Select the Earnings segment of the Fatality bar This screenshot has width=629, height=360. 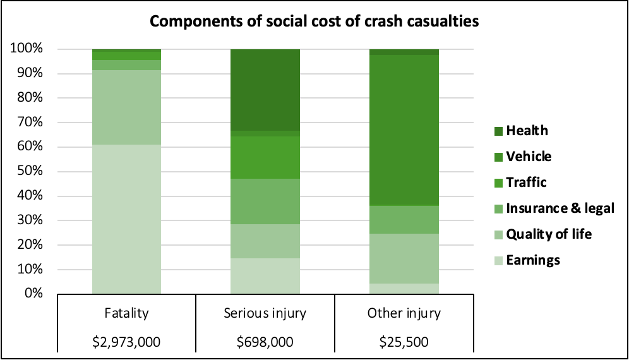tap(126, 219)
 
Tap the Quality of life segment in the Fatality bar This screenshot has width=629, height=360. tap(126, 107)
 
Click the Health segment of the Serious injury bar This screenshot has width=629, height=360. tap(265, 90)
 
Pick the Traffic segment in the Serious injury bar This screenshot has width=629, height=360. tap(265, 158)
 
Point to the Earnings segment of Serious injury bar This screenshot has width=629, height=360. tap(265, 276)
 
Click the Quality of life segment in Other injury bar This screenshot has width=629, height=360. tap(404, 258)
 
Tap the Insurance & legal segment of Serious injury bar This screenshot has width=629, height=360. tap(265, 201)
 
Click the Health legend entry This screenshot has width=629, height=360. tap(526, 131)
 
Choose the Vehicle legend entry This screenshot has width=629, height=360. tap(529, 157)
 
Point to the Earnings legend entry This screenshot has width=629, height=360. tap(532, 260)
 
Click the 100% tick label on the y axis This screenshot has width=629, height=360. tap(27, 49)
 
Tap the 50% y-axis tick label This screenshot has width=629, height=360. tap(29, 172)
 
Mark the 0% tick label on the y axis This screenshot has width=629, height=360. tap(32, 294)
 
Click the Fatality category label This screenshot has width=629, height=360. tap(126, 313)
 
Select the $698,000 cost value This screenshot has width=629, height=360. tap(265, 342)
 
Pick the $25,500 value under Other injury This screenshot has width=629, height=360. tap(404, 342)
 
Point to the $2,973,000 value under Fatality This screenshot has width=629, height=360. tap(126, 342)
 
